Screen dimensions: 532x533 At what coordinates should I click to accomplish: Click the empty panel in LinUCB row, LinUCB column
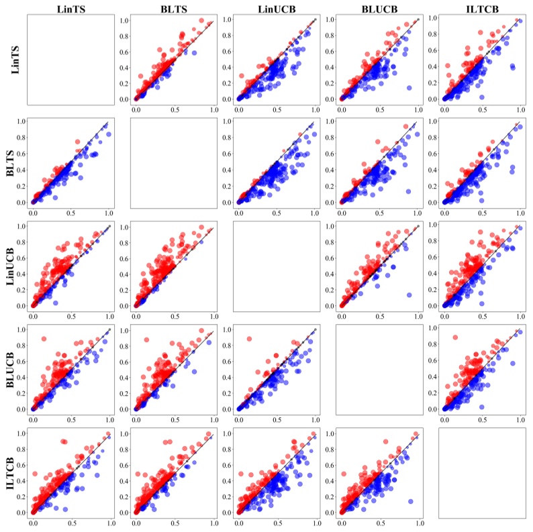pyautogui.click(x=276, y=266)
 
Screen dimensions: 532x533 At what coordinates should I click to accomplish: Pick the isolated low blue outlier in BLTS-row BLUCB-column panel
pyautogui.click(x=407, y=191)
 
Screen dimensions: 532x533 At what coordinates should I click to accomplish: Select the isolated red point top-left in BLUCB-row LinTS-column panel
pyautogui.click(x=44, y=338)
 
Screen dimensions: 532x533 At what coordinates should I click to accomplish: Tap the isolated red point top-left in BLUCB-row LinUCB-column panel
pyautogui.click(x=250, y=338)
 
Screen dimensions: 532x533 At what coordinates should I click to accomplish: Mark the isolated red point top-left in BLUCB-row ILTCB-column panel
pyautogui.click(x=455, y=337)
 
